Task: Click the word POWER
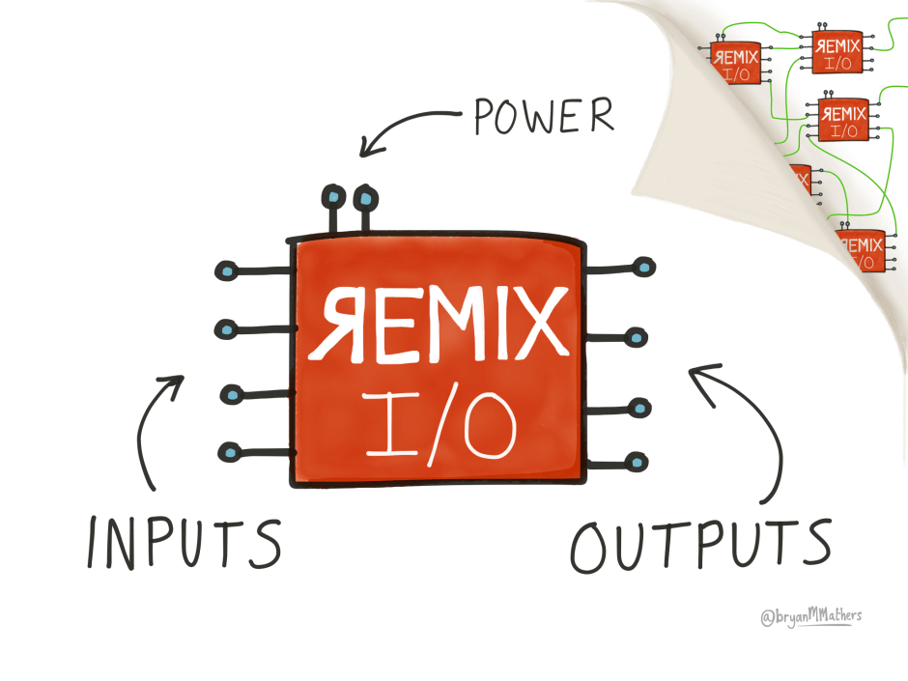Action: [x=543, y=117]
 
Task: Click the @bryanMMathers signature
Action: [x=810, y=617]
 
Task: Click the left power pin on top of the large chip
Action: [x=333, y=198]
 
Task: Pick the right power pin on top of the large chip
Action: [x=364, y=200]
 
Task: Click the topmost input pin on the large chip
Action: [x=225, y=270]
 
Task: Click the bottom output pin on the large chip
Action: [x=636, y=462]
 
